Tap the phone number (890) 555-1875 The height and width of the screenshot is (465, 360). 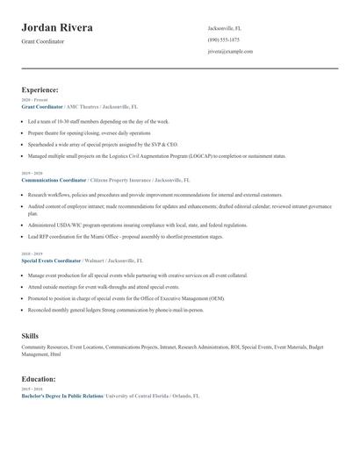click(223, 39)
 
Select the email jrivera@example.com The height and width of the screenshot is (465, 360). click(230, 52)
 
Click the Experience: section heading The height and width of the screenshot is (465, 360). click(40, 89)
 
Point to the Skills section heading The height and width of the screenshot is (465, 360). click(30, 336)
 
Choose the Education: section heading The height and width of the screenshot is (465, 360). click(40, 379)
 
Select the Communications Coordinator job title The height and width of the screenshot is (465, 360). click(54, 180)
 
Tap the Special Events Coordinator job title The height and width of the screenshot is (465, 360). click(51, 261)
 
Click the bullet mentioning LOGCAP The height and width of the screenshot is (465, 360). click(156, 156)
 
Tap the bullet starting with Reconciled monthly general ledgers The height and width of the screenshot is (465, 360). click(115, 309)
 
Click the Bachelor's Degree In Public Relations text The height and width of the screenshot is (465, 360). click(61, 396)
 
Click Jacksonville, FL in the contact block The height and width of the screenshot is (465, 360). click(225, 28)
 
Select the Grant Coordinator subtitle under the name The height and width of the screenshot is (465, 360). click(43, 41)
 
